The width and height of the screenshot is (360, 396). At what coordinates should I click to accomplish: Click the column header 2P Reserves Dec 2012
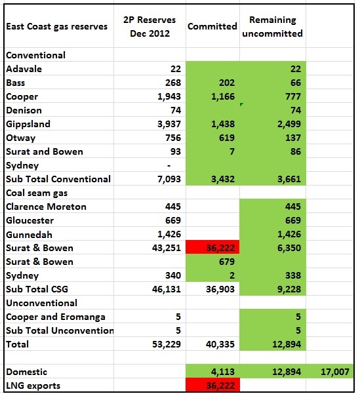[150, 26]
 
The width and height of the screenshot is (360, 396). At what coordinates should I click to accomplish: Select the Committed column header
[212, 26]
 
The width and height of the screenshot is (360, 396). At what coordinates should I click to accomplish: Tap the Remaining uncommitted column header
[272, 26]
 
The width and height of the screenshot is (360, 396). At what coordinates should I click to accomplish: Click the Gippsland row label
[28, 125]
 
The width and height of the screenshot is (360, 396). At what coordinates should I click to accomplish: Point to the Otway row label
[21, 138]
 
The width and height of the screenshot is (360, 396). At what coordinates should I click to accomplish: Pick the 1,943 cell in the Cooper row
[169, 96]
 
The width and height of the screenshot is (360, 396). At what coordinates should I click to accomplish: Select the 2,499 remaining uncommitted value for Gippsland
[289, 124]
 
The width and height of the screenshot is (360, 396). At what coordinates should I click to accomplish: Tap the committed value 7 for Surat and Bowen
[232, 151]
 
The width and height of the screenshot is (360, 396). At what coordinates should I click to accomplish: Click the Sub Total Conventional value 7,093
[169, 179]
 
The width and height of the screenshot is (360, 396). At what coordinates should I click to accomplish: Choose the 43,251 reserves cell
[167, 248]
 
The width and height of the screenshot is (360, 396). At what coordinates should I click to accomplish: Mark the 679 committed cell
[227, 262]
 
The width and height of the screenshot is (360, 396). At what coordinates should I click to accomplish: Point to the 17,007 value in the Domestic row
[335, 372]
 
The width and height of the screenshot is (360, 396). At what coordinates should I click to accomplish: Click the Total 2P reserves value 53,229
[167, 344]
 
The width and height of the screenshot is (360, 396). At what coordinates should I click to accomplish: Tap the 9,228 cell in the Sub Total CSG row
[289, 289]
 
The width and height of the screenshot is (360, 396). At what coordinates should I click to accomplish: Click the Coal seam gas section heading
[37, 193]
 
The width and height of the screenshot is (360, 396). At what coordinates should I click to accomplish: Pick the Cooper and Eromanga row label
[56, 317]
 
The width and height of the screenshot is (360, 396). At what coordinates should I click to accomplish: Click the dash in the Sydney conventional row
[169, 166]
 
